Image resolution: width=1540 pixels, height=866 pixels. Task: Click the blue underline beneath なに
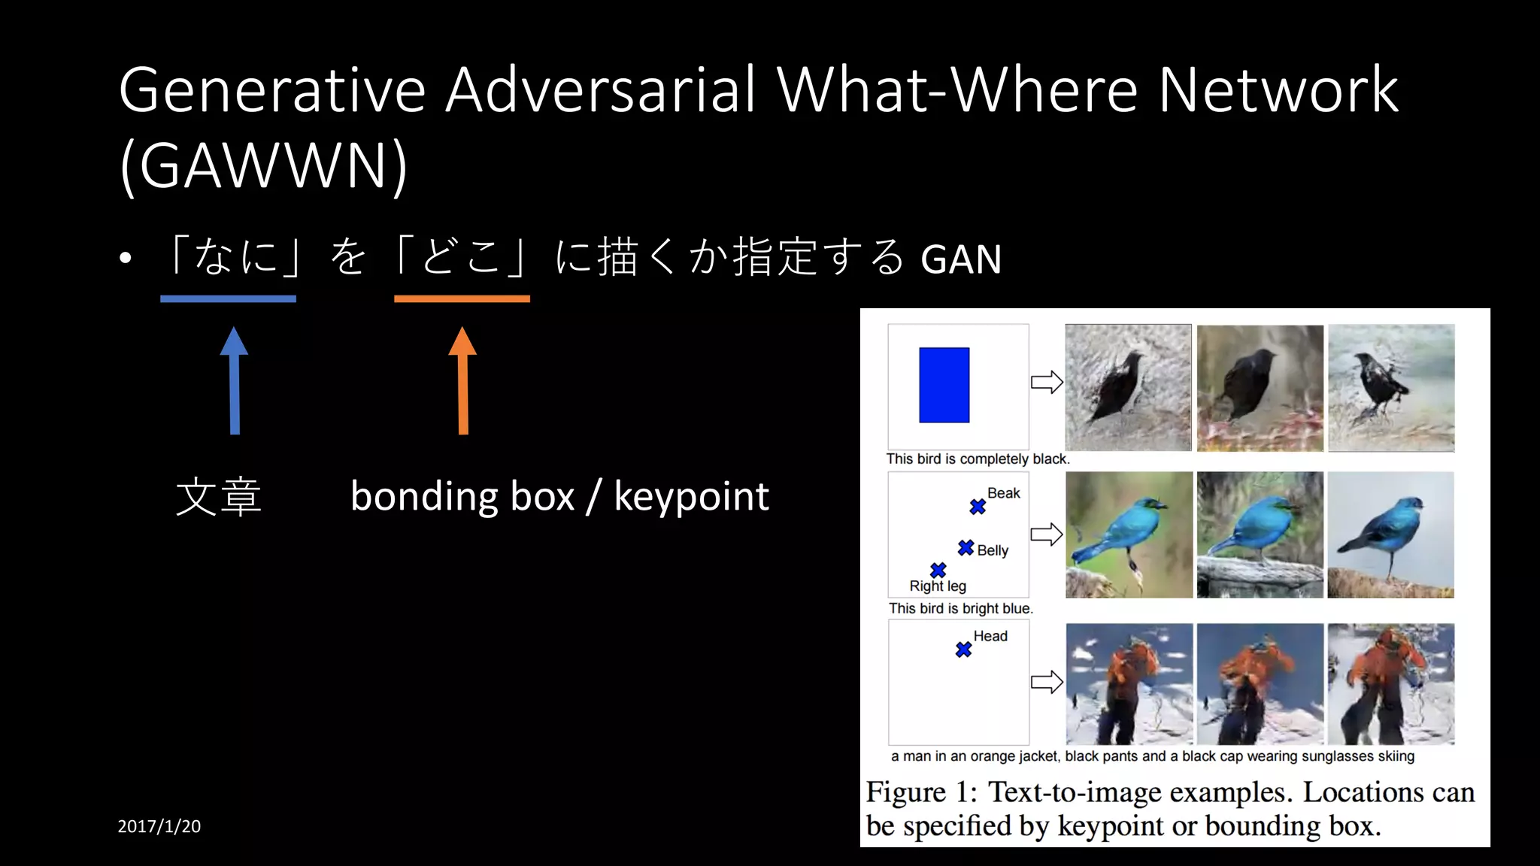pos(228,299)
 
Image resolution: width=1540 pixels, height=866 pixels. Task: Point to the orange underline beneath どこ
pos(462,299)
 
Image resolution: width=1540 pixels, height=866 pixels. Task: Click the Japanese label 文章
pos(218,497)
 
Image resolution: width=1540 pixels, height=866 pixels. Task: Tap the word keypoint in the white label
pos(691,497)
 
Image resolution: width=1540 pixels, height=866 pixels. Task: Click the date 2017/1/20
pos(159,826)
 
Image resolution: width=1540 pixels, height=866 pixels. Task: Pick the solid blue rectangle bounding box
pos(944,385)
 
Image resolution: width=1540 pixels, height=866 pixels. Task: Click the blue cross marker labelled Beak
pos(978,507)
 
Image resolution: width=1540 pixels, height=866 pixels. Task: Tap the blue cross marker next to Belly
pos(966,548)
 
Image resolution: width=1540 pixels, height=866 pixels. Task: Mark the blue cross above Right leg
pos(938,570)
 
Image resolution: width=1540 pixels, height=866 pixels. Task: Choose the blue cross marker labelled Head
pos(963,649)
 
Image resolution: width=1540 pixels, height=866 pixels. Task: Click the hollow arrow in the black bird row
pos(1047,382)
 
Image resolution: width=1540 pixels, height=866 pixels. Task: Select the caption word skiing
pos(1396,756)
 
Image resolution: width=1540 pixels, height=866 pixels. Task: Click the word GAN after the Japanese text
pos(961,259)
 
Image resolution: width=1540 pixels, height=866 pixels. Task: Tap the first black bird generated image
pos(1128,387)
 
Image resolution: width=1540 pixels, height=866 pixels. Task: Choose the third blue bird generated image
pos(1390,534)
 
